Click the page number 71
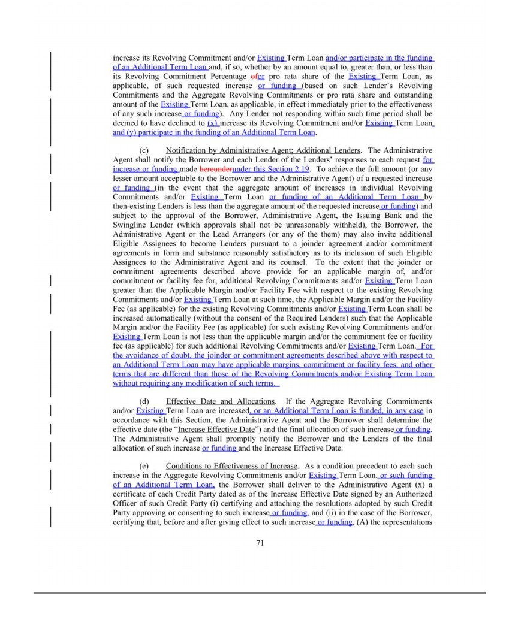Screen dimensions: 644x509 [x=260, y=543]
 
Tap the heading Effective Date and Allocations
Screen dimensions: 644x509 [x=221, y=401]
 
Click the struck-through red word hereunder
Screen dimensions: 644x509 [x=215, y=170]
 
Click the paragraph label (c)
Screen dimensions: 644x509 [x=143, y=150]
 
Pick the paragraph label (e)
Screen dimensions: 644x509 [x=143, y=465]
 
